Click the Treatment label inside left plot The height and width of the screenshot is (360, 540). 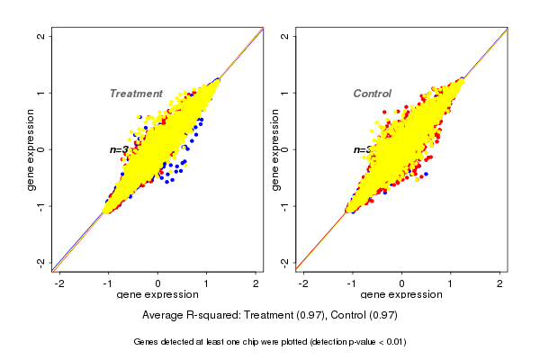136,94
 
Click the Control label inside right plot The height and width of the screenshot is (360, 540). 373,94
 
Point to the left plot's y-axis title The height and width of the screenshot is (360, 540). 31,149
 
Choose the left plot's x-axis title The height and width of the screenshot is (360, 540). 159,295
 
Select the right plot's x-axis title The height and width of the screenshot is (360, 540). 402,295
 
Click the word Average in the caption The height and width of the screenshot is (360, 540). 166,315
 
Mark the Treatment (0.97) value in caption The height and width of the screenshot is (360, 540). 288,315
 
